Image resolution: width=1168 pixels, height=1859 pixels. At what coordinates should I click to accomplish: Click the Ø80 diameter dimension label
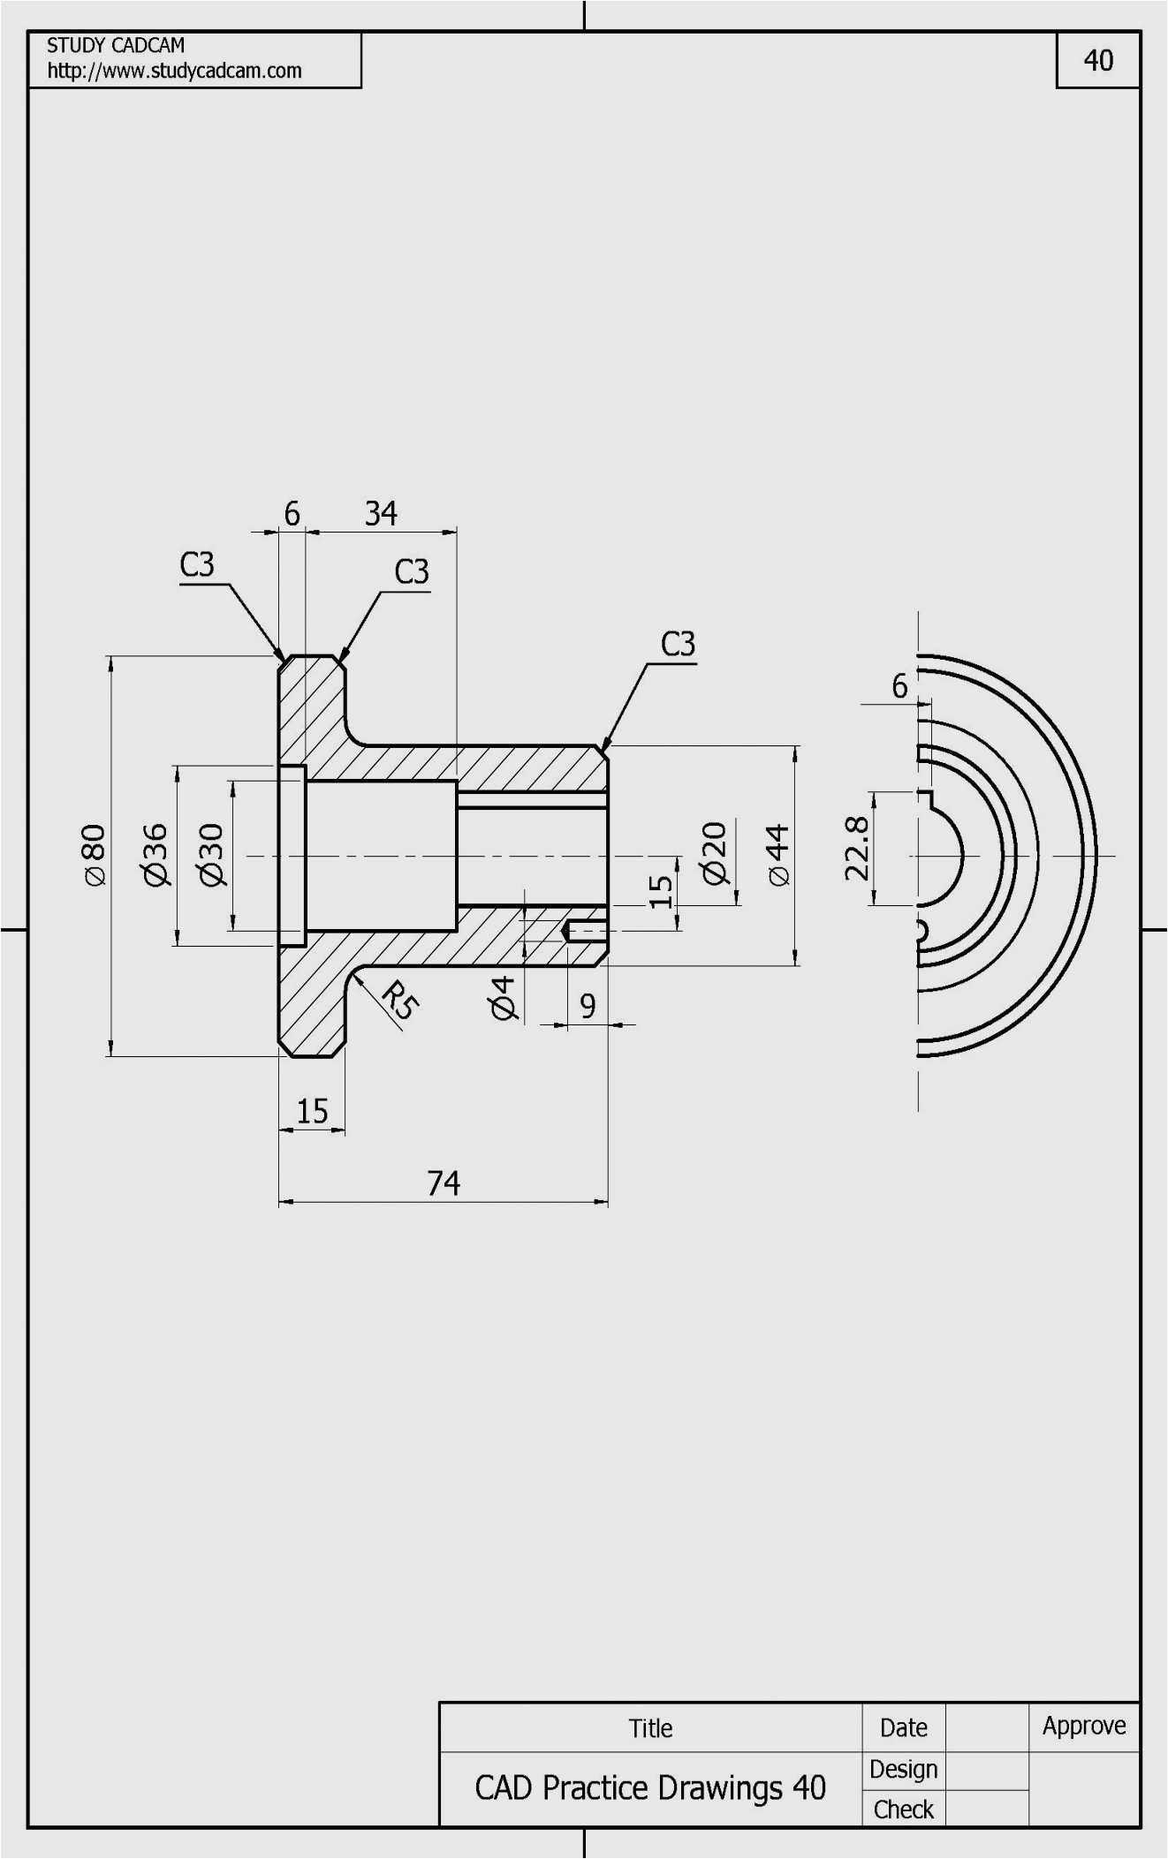point(94,854)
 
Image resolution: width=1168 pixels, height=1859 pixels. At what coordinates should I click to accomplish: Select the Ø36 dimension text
point(155,854)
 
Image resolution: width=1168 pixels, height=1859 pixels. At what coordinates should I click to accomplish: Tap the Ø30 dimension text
point(212,854)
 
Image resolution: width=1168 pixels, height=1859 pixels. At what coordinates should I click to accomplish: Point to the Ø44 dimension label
point(777,854)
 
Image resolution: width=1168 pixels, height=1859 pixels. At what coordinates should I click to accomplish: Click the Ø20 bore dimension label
point(714,852)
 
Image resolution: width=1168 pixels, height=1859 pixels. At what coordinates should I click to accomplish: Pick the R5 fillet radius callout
point(400,1000)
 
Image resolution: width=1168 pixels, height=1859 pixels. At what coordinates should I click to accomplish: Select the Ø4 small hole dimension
point(502,998)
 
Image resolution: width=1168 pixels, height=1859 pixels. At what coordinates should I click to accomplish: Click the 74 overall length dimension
point(444,1183)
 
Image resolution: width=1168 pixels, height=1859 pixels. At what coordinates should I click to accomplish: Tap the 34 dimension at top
point(381,513)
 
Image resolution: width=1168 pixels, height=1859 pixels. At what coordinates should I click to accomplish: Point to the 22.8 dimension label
point(856,848)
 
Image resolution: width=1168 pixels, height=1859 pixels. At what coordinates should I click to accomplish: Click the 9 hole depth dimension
point(588,1005)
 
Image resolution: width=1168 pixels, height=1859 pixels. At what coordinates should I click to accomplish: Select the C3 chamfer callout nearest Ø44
point(678,644)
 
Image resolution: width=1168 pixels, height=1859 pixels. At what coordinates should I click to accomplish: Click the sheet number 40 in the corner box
point(1098,60)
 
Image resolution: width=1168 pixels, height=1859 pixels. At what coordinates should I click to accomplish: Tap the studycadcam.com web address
point(174,71)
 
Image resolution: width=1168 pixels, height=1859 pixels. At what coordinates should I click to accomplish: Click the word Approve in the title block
point(1084,1725)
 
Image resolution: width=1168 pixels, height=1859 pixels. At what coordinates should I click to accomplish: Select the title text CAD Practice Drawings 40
point(650,1787)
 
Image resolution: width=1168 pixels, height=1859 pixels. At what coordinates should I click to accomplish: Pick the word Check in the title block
point(903,1810)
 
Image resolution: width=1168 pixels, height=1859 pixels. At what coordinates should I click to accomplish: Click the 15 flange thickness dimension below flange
point(312,1110)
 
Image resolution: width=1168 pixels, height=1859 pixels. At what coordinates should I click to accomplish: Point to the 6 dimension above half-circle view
point(899,685)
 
